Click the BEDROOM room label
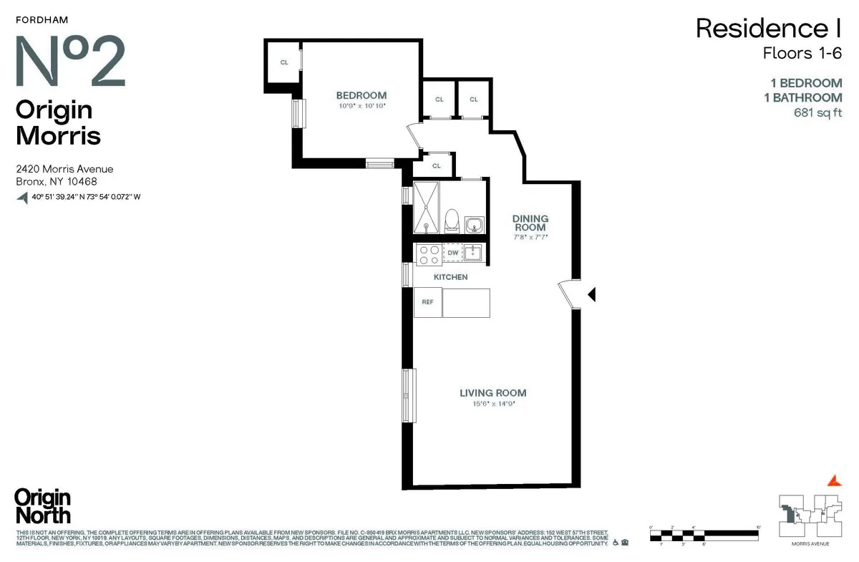click(x=361, y=95)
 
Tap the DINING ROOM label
click(x=530, y=223)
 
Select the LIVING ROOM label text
click(x=492, y=393)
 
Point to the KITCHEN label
click(x=450, y=277)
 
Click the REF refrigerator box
click(x=427, y=302)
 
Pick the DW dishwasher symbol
click(x=452, y=253)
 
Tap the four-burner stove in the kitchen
click(x=428, y=253)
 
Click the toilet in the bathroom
click(x=452, y=220)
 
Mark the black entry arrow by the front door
click(x=591, y=294)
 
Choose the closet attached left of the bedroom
click(x=283, y=63)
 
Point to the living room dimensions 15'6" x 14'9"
click(x=492, y=404)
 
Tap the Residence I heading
click(x=768, y=29)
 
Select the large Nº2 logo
click(x=70, y=61)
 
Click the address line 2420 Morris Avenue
click(x=64, y=169)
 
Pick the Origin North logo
click(x=43, y=506)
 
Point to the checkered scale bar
click(x=704, y=533)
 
